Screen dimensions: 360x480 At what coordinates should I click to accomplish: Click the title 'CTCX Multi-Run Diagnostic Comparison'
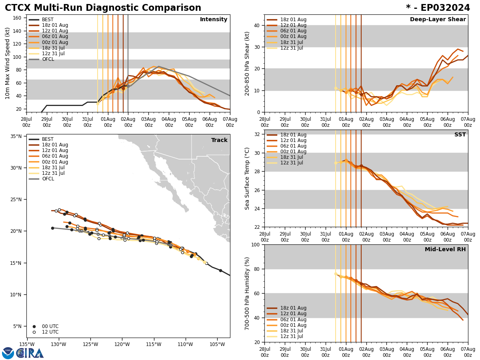[103, 8]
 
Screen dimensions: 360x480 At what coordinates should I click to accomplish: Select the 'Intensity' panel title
[214, 20]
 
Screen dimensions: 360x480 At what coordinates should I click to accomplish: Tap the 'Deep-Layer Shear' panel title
[438, 20]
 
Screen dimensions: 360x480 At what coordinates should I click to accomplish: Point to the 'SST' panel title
[460, 135]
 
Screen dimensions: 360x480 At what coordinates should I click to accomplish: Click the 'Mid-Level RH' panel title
[445, 250]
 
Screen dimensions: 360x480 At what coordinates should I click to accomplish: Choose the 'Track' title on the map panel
[219, 140]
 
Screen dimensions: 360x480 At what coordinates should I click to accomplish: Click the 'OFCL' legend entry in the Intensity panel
[48, 59]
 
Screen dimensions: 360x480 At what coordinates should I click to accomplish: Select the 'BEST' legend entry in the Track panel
[48, 139]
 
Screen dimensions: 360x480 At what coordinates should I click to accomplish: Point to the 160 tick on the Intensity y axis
[18, 18]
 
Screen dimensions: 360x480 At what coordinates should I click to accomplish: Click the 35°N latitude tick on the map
[16, 136]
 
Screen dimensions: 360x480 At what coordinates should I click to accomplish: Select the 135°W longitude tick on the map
[27, 345]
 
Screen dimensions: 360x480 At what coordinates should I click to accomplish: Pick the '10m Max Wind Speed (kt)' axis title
[8, 63]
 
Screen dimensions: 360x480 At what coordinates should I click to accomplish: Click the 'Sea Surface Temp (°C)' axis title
[247, 178]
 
